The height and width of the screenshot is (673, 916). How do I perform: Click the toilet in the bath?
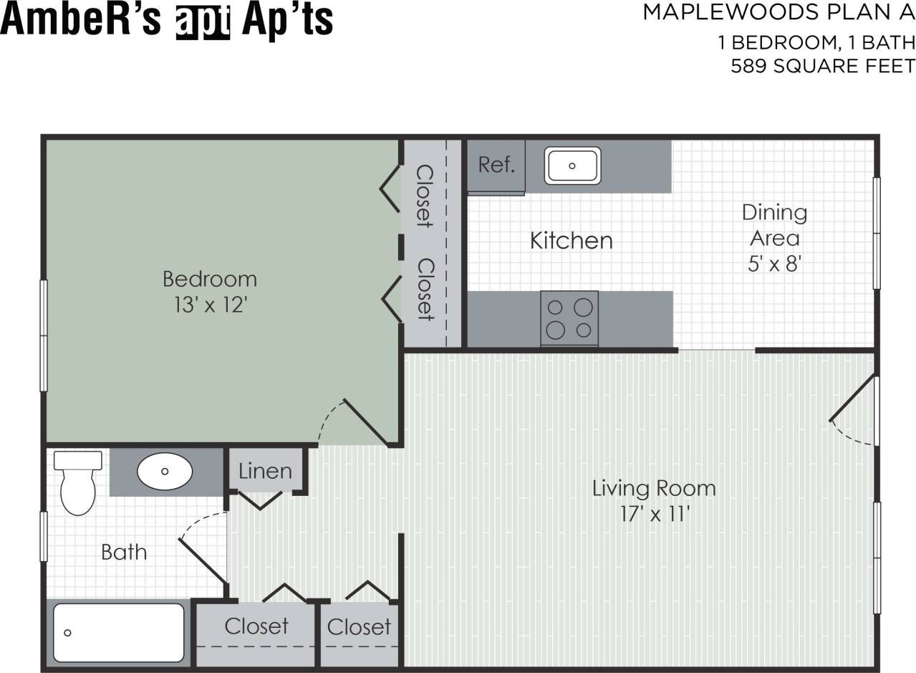(77, 484)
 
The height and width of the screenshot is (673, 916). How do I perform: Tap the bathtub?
(119, 633)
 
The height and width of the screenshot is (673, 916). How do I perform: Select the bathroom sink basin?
(165, 472)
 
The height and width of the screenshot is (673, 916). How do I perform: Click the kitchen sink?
(572, 166)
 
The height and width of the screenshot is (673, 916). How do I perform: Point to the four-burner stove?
(569, 318)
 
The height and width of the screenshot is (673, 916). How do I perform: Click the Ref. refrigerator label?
(496, 166)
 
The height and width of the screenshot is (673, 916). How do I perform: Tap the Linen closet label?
(265, 472)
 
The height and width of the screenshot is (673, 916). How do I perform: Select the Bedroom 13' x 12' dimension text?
(210, 305)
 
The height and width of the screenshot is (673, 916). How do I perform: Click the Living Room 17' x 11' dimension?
(653, 515)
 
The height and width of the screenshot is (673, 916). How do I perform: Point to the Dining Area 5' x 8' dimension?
(774, 264)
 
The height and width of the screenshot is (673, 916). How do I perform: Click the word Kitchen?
(571, 241)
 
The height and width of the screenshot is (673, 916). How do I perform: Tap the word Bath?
(124, 553)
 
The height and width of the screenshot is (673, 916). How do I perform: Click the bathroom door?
(202, 559)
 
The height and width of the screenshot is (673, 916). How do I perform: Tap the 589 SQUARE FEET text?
(823, 67)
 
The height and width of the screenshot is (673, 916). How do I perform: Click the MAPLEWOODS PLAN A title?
(778, 12)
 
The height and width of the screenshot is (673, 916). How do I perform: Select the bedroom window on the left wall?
(44, 335)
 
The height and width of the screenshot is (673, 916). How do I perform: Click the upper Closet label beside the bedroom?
(425, 196)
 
